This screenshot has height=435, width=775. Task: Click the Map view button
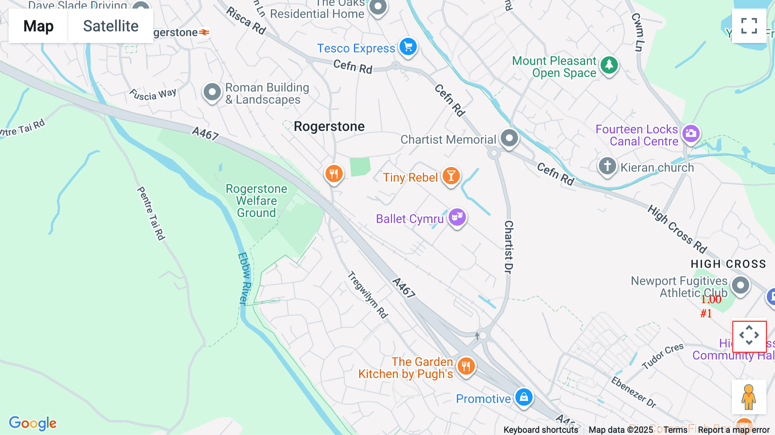coord(38,26)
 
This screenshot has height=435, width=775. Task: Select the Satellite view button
coord(111,26)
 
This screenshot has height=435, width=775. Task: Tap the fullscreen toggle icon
coord(749,26)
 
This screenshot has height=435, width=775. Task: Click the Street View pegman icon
coord(749,397)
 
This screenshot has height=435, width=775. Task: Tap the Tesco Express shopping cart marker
coord(408,47)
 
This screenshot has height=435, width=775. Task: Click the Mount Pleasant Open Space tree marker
coord(609,65)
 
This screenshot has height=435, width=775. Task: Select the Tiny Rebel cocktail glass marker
coord(451,176)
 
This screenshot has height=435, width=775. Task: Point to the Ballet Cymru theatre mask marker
coord(457,217)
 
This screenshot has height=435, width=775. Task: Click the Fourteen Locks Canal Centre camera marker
coord(691,134)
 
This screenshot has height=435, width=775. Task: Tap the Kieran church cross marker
coord(607,166)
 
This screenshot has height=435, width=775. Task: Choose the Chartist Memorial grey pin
coord(509,138)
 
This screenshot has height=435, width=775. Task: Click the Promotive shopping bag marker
coord(524,397)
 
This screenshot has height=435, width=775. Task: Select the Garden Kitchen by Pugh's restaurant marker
coord(466,367)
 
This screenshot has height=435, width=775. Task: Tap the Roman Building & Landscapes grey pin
coord(212,92)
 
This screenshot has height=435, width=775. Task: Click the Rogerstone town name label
coord(329,127)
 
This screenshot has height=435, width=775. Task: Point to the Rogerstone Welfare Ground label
coord(257,201)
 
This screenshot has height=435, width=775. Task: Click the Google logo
coord(33,423)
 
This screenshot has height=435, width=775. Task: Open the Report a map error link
coord(734,430)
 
